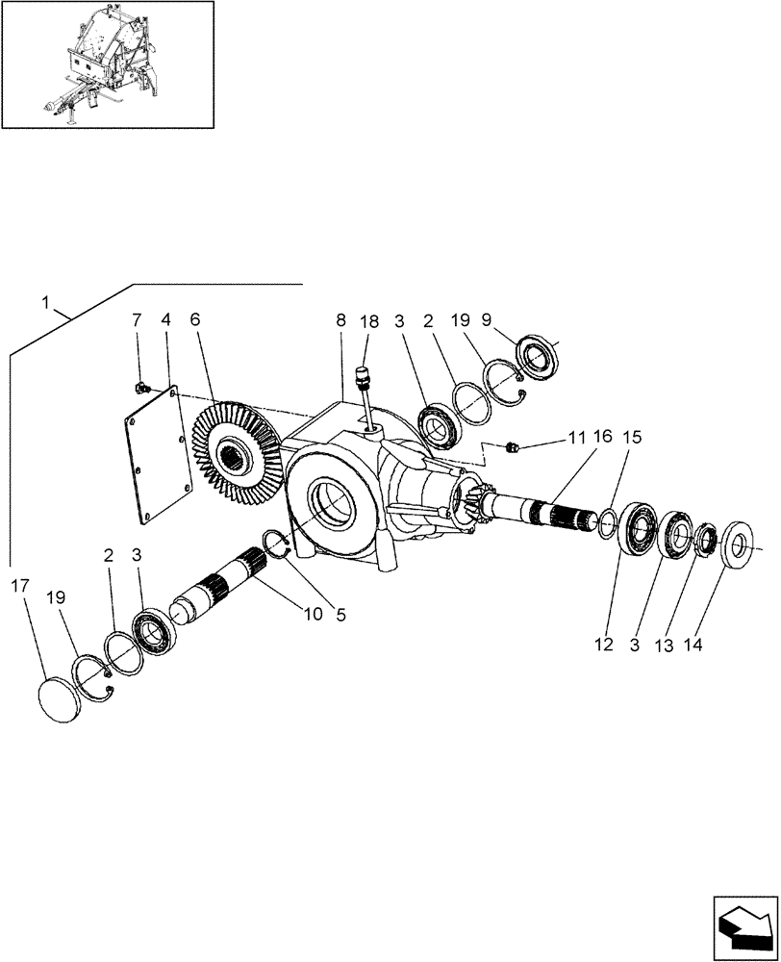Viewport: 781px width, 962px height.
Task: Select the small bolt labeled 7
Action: tap(141, 387)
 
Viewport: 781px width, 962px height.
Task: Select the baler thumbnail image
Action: tap(108, 64)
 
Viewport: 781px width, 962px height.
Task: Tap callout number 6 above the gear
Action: tap(196, 320)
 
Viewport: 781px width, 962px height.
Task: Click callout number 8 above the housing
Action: tap(341, 320)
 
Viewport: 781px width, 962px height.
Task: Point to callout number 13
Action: tap(665, 646)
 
